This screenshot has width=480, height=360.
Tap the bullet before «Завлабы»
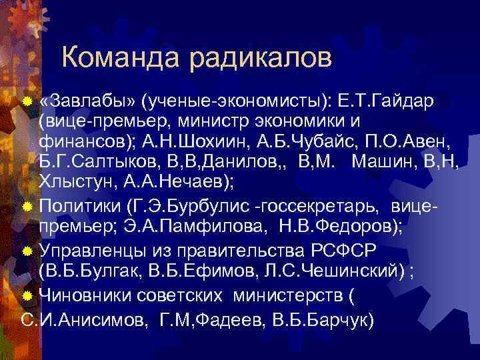pos(27,102)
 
